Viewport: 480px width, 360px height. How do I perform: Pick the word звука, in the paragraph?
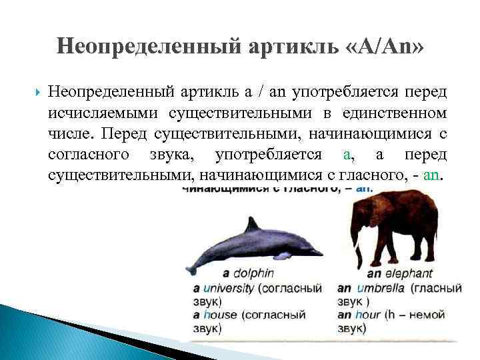point(176,155)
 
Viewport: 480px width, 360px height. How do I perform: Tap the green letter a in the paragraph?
point(346,155)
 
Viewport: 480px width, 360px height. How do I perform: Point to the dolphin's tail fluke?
point(193,267)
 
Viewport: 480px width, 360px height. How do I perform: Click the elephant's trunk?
point(359,247)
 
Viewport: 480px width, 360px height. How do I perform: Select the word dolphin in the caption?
point(253,273)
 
